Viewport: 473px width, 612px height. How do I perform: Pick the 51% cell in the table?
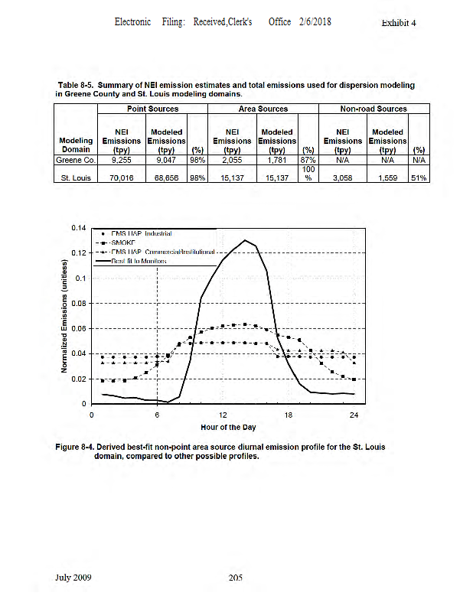[418, 177]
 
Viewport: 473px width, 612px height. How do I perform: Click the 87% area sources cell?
[308, 161]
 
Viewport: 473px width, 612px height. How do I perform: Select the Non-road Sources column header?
[374, 109]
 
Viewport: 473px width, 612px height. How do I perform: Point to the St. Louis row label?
[75, 177]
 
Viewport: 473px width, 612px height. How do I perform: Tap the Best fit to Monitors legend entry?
[138, 261]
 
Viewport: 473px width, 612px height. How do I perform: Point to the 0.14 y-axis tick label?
[77, 228]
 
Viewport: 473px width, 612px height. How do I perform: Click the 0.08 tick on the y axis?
[77, 304]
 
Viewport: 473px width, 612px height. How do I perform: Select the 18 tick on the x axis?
[289, 415]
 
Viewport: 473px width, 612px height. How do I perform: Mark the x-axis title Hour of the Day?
[227, 427]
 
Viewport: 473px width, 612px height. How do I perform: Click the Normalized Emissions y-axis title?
[65, 317]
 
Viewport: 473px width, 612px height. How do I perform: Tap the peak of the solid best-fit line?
[245, 240]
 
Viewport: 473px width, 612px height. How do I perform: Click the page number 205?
[236, 578]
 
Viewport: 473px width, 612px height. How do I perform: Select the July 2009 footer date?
[73, 578]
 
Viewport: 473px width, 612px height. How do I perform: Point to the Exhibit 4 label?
[398, 23]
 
